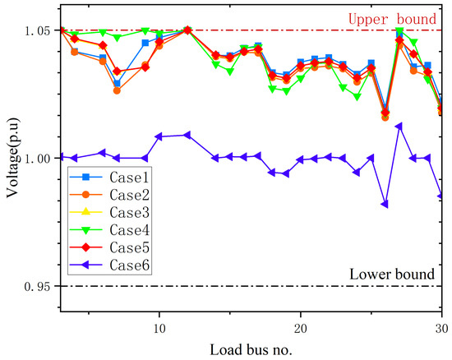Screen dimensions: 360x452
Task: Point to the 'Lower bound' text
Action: pyautogui.click(x=391, y=274)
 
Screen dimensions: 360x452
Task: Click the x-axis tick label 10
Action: pyautogui.click(x=159, y=325)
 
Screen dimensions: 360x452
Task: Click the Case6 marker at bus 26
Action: pyautogui.click(x=385, y=204)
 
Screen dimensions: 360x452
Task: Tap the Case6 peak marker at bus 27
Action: pyautogui.click(x=399, y=127)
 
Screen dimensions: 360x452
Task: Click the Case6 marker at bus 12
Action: pyautogui.click(x=187, y=135)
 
